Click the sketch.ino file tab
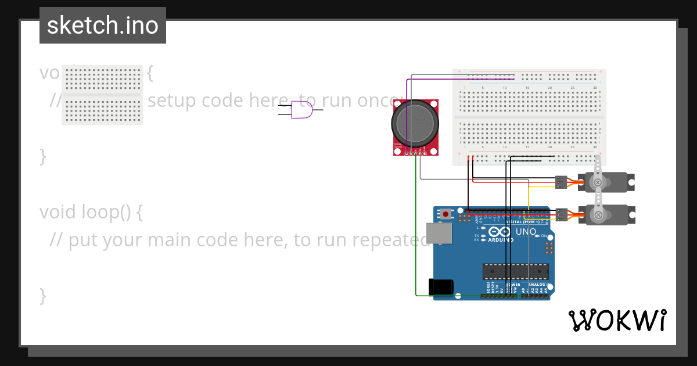click(103, 26)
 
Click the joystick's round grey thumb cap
click(415, 123)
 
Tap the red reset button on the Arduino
click(445, 214)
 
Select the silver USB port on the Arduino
click(439, 233)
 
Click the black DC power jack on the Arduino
click(440, 287)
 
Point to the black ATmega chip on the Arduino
click(516, 271)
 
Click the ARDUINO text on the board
click(500, 239)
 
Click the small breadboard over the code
click(102, 95)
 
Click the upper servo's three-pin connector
click(561, 182)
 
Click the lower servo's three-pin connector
click(561, 214)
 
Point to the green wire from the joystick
click(416, 232)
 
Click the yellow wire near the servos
click(529, 198)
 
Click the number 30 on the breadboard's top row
click(595, 88)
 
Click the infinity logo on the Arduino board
click(500, 231)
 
